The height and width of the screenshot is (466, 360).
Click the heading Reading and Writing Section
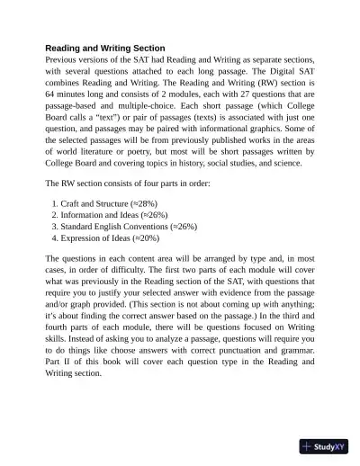point(106,49)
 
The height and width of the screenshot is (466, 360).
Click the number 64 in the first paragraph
point(51,107)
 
